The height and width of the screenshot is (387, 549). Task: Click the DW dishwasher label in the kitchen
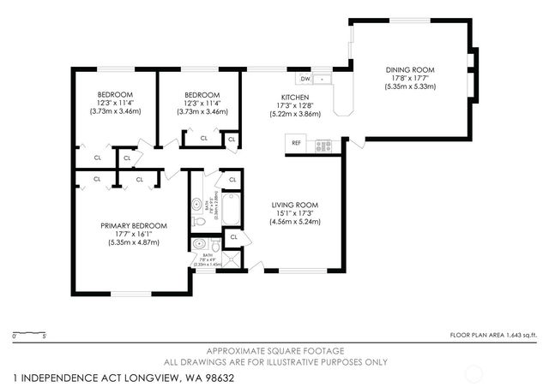[305, 80]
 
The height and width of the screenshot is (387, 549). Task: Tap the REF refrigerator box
[296, 143]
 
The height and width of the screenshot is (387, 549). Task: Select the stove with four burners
[323, 145]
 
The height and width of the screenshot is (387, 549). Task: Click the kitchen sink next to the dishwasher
[323, 80]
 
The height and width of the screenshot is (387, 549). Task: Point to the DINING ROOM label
[410, 69]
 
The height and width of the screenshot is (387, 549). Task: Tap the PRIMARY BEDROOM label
[133, 225]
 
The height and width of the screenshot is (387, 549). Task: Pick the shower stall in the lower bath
[232, 260]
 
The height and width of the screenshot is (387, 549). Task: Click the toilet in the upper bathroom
[199, 221]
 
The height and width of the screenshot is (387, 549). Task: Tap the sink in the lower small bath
[199, 244]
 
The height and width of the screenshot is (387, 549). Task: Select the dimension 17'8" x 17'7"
[410, 78]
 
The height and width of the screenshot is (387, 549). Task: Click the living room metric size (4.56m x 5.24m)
[295, 222]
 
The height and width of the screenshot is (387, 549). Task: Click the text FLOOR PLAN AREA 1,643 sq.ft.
[493, 334]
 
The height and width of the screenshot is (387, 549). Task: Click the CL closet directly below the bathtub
[232, 237]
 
